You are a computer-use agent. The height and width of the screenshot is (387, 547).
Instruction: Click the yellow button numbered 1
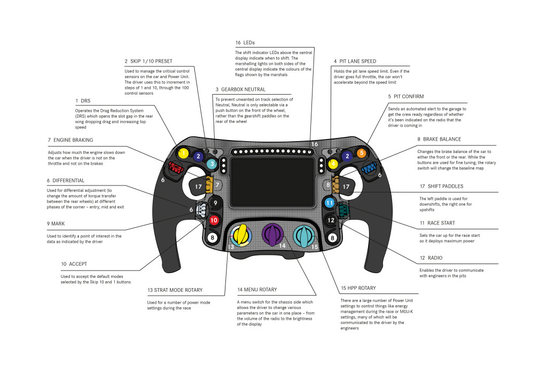tap(183, 154)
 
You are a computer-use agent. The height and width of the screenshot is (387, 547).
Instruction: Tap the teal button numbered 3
tap(212, 164)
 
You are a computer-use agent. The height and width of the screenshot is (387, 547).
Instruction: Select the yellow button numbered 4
tap(333, 164)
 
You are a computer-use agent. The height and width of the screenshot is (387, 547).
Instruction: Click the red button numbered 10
tap(214, 220)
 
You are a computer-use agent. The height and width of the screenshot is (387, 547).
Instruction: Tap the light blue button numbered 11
tap(330, 203)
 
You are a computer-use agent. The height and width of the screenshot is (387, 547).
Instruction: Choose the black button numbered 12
tap(331, 220)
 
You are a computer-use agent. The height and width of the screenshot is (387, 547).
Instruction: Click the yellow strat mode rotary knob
tap(242, 235)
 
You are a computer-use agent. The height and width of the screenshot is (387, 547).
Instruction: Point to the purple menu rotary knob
tap(273, 234)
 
